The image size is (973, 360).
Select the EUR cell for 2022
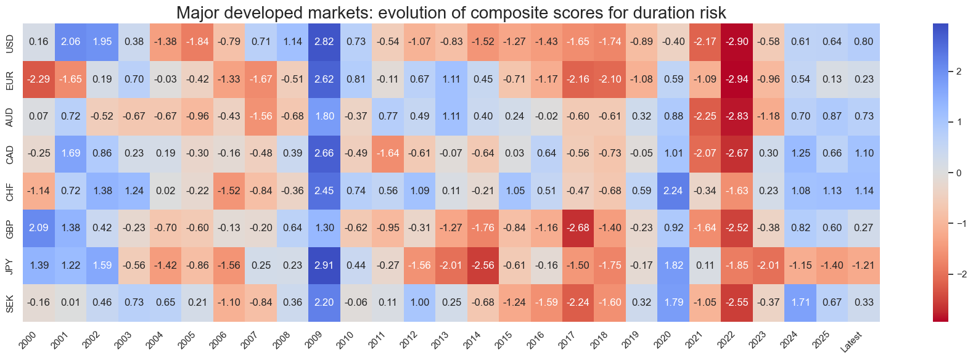(x=737, y=79)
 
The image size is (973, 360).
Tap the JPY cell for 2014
(x=483, y=265)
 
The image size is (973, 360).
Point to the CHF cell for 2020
(x=673, y=190)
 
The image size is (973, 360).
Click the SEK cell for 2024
(x=800, y=302)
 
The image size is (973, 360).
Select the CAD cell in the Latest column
(x=864, y=153)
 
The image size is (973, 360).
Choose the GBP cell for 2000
(x=38, y=227)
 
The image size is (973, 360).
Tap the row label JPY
(x=9, y=265)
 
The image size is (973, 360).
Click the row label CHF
(x=9, y=190)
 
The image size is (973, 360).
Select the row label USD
(x=9, y=42)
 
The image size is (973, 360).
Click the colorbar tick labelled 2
(x=959, y=72)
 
